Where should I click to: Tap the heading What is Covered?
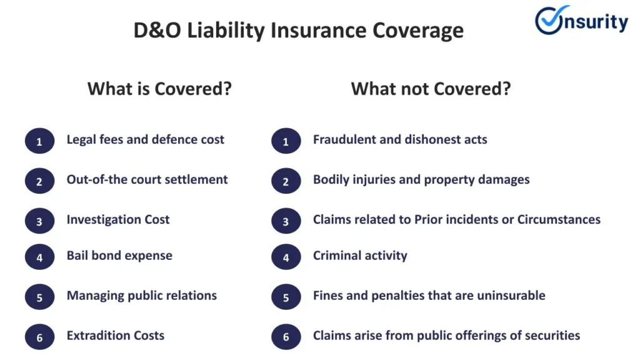tap(159, 89)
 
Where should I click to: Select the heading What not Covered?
tap(431, 89)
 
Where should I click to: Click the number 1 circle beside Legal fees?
tap(39, 141)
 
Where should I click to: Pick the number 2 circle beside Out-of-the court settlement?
tap(39, 181)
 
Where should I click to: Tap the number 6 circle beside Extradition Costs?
tap(39, 337)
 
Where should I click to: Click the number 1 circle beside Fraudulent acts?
tap(286, 141)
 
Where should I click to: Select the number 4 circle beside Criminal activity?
tap(286, 257)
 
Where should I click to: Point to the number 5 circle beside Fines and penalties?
tap(286, 297)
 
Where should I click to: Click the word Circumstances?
tap(559, 219)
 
